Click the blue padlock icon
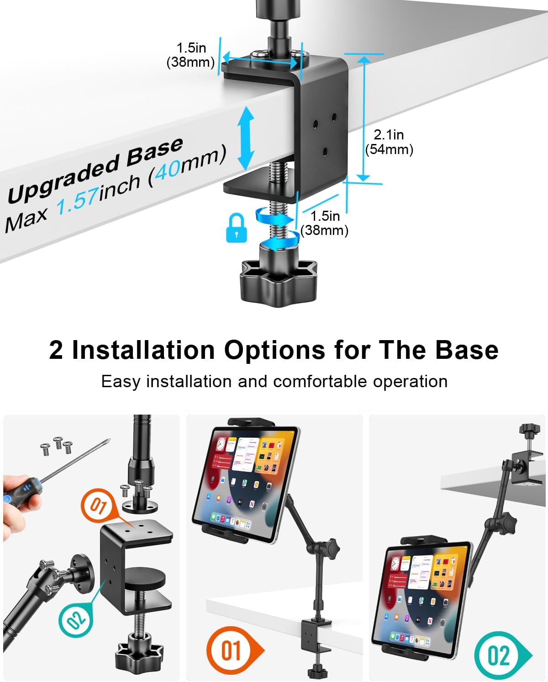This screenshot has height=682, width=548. point(237,228)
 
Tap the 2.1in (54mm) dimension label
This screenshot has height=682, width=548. point(389,142)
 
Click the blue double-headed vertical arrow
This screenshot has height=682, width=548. point(246,138)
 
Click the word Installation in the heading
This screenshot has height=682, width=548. point(143,350)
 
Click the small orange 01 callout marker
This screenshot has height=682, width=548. point(98,506)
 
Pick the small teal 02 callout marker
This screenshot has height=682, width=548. point(76,619)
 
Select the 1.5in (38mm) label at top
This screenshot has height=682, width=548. point(191,55)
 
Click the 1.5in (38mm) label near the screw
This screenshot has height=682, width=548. point(325,223)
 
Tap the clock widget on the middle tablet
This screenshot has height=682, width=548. point(221,444)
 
